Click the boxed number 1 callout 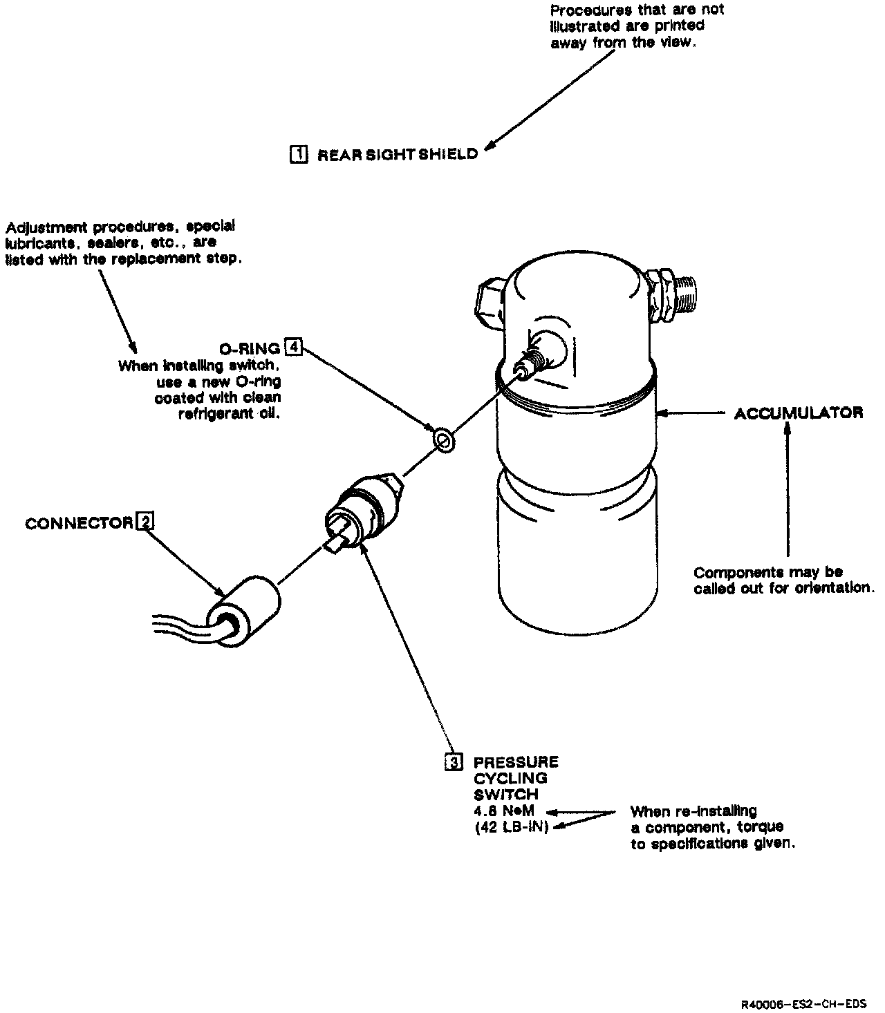299,153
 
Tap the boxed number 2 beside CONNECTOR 145,522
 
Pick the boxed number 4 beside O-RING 294,347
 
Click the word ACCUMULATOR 799,413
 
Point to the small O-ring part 443,439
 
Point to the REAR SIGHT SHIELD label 398,155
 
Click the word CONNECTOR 79,524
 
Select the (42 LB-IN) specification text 512,827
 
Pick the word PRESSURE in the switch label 516,762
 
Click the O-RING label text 249,349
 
